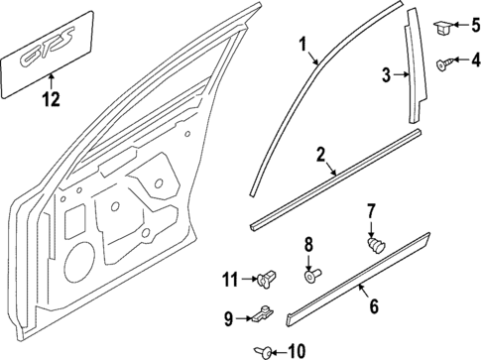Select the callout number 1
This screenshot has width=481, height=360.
pos(304,45)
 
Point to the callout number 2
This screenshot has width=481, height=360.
pos(320,154)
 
